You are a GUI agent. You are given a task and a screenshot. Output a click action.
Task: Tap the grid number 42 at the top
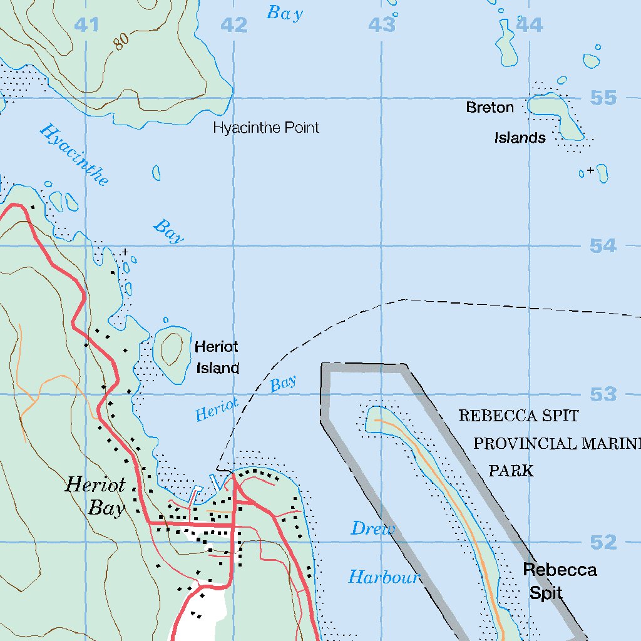(234, 25)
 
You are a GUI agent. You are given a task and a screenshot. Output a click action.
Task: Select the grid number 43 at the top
(382, 25)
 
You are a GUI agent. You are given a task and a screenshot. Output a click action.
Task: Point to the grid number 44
(529, 25)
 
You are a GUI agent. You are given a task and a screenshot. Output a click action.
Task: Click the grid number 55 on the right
(603, 98)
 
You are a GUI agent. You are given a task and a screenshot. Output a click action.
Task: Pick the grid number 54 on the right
(603, 246)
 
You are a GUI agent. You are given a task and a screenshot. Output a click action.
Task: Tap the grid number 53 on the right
(603, 394)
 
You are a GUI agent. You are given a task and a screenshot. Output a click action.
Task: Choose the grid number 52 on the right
(603, 542)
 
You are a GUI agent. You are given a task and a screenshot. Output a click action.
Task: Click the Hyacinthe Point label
(266, 128)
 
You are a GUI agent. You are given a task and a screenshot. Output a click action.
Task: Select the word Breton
(490, 108)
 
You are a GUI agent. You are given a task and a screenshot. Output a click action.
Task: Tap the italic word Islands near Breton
(520, 138)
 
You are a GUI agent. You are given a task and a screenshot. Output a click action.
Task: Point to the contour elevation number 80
(121, 41)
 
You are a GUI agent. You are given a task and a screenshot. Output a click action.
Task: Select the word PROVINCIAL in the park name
(524, 444)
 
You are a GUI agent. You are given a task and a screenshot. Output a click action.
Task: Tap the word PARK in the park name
(511, 471)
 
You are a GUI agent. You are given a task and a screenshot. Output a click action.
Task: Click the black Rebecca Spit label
(559, 581)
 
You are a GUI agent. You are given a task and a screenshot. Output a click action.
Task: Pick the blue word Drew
(372, 529)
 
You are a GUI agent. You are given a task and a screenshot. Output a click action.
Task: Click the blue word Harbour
(383, 577)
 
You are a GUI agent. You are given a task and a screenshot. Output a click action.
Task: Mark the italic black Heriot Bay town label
(96, 496)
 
